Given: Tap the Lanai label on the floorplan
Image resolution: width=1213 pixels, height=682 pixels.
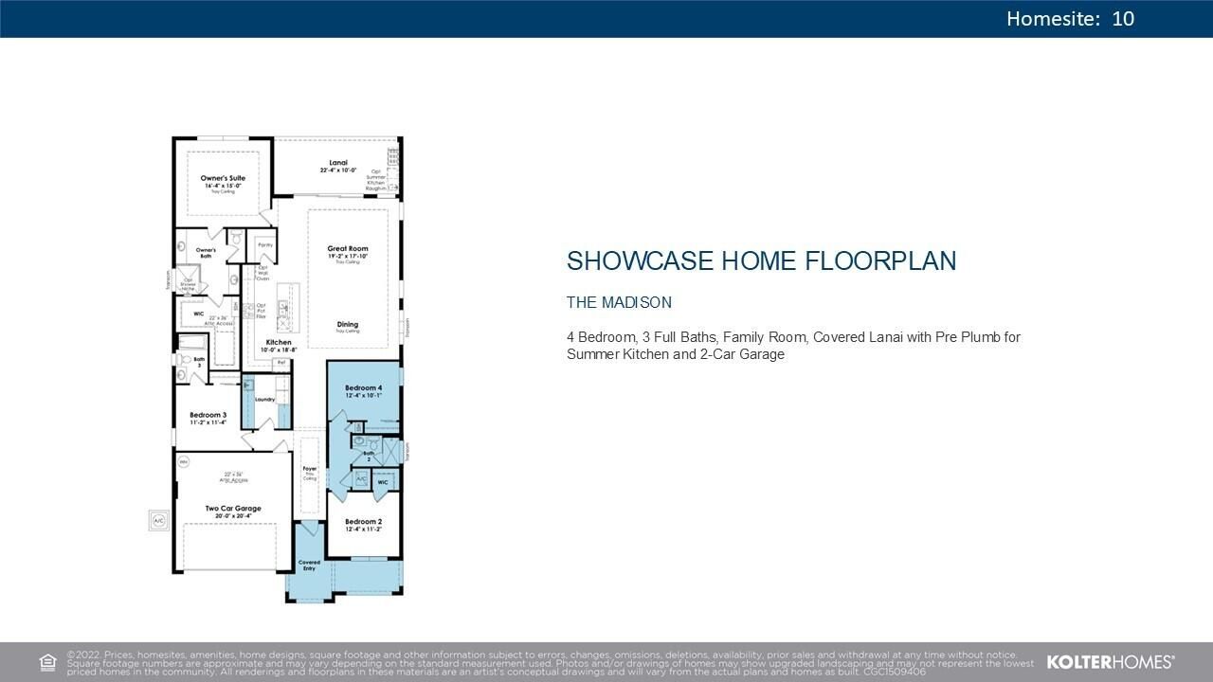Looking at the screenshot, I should coord(338,163).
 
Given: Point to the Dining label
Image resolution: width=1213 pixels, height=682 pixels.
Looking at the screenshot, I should coord(347,324).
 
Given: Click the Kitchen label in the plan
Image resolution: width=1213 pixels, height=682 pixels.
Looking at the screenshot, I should coord(279,342).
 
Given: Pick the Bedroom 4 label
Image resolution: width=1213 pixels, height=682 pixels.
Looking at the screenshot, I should coord(363,388).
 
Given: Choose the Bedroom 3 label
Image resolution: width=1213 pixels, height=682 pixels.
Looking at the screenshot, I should coord(208,415).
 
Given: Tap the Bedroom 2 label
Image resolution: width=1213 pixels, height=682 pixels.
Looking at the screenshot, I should coord(363,522).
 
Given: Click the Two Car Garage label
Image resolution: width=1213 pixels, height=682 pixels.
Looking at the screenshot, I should coord(233,509).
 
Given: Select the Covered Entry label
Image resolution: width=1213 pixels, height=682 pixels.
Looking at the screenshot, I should coord(309,565).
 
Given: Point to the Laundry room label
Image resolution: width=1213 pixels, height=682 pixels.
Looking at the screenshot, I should coord(264,399).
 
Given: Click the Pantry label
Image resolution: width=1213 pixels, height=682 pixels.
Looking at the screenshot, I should coord(265,245).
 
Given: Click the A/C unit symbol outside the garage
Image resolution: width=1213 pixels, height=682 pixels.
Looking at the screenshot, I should coord(158,521).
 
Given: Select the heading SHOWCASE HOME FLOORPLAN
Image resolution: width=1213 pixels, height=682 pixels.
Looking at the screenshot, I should coord(761,261).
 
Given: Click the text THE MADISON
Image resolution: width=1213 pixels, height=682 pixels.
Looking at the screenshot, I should coord(619,303).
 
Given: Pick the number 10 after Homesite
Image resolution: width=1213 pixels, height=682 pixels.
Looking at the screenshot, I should coord(1123,19).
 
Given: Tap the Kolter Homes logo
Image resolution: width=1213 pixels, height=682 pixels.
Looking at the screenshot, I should coord(1110,662).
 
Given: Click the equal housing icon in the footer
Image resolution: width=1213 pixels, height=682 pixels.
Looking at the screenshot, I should coord(47,662).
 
